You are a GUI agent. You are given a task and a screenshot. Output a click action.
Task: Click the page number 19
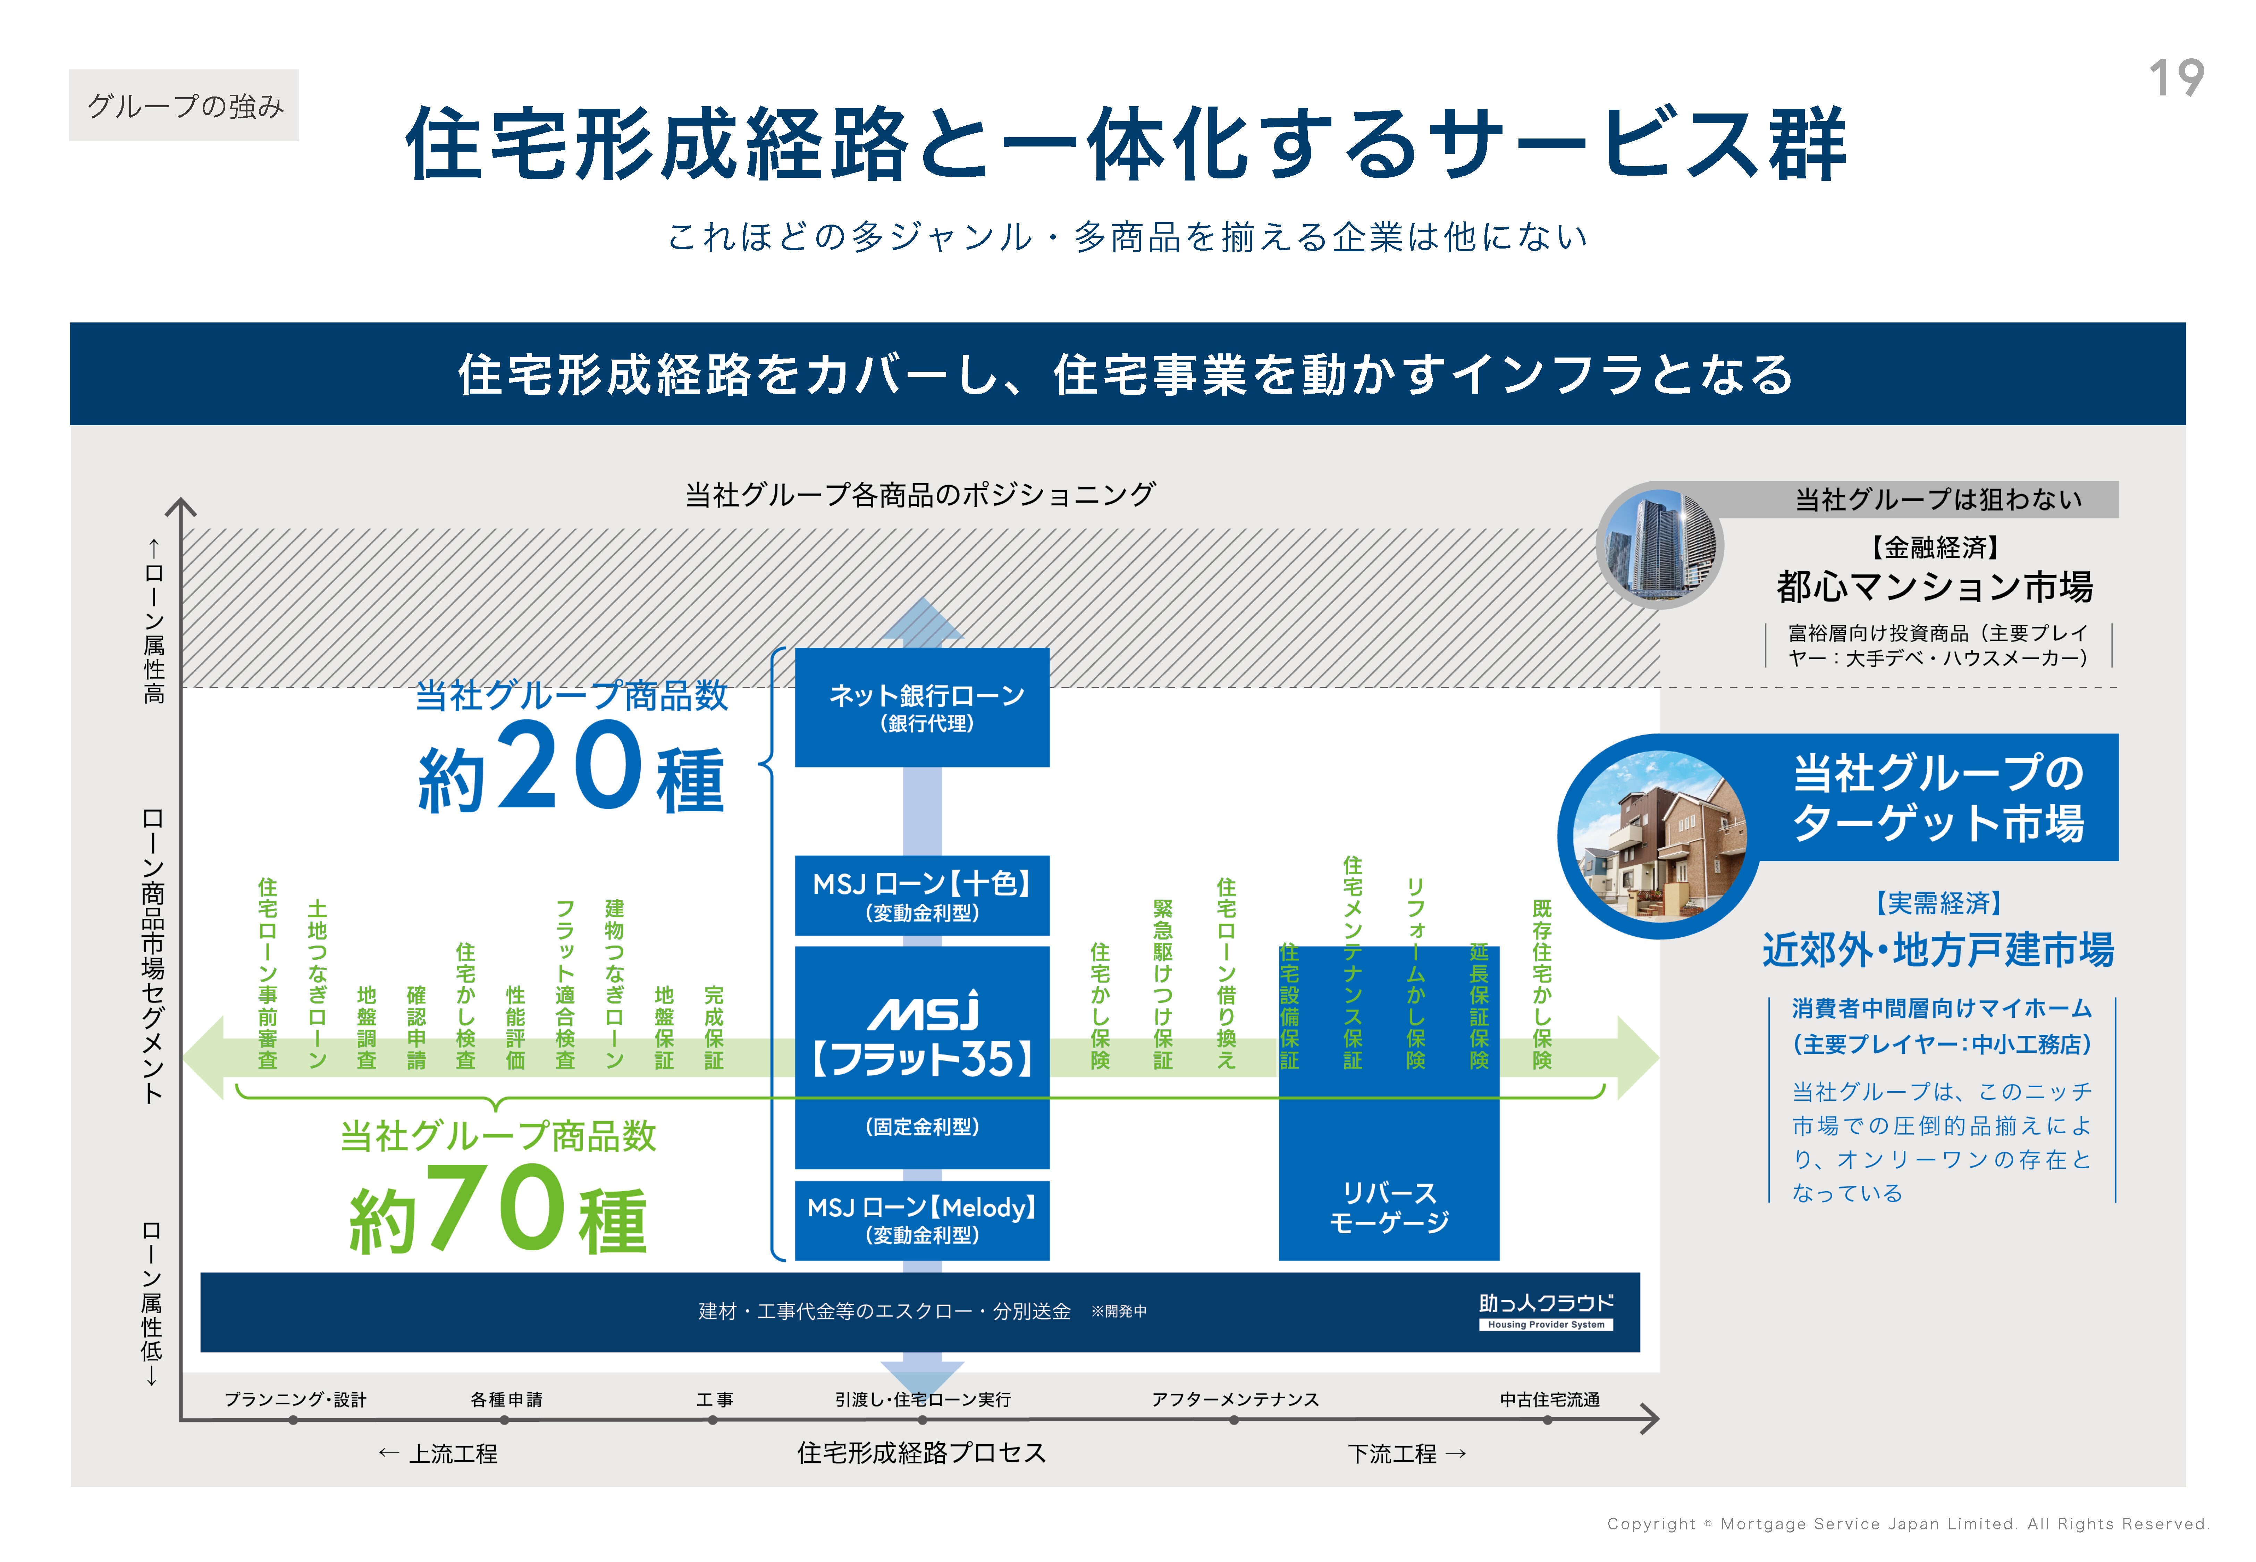[x=2176, y=78]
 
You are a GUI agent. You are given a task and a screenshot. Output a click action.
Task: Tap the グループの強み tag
[x=184, y=106]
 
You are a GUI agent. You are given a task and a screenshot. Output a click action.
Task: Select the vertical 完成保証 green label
[x=714, y=1028]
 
